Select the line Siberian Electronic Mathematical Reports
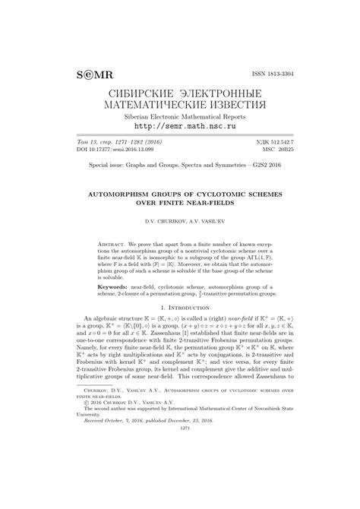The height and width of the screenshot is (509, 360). click(x=180, y=117)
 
